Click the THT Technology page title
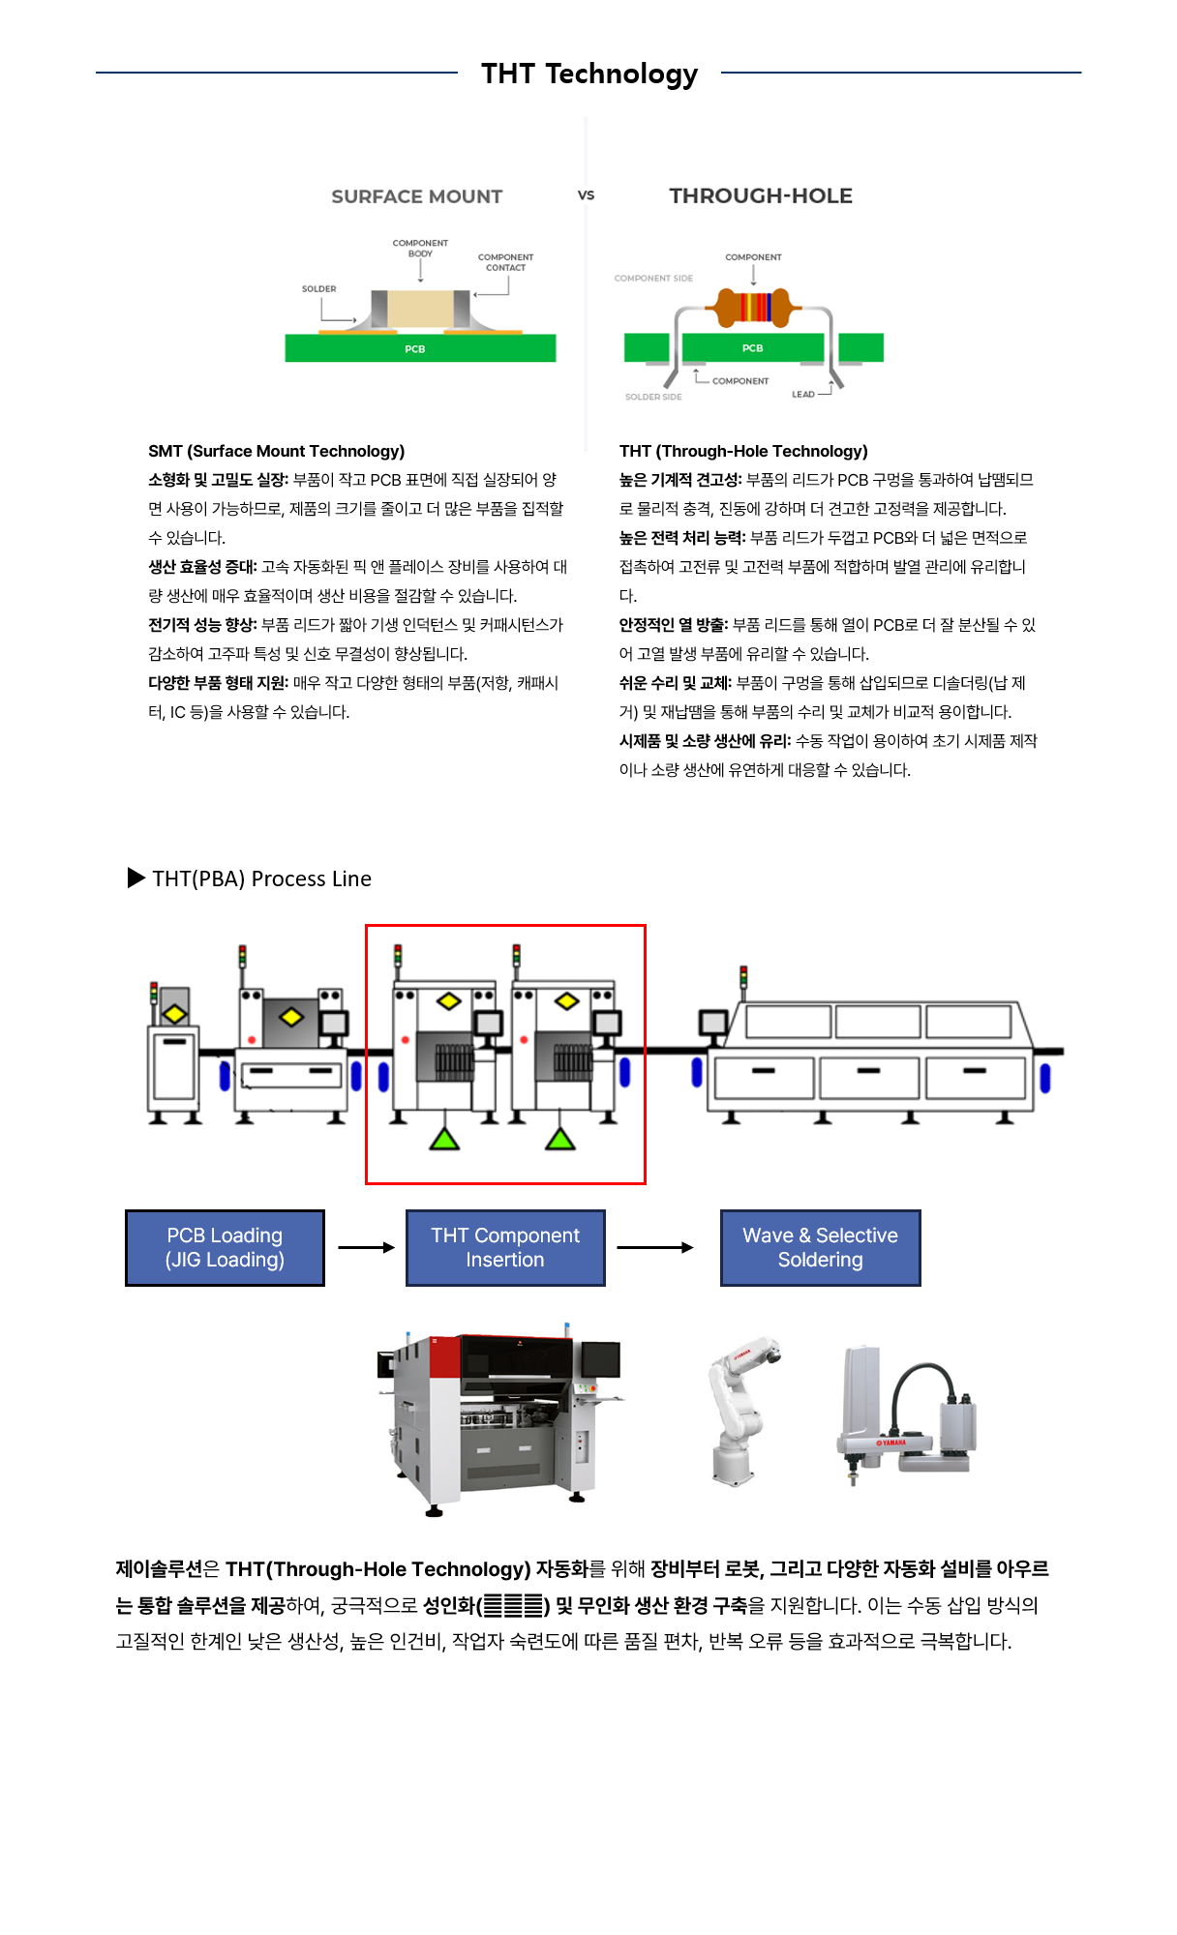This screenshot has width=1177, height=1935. (588, 74)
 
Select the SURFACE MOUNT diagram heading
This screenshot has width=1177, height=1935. (416, 196)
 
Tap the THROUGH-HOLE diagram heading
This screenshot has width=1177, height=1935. (761, 195)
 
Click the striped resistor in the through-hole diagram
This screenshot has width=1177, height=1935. (754, 307)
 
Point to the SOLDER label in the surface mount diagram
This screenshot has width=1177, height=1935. (318, 288)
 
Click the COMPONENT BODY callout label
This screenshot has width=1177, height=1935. (420, 248)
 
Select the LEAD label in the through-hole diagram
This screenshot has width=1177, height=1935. (802, 394)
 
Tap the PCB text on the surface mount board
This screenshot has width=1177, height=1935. (414, 349)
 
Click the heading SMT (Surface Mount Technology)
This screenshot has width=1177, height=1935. (276, 451)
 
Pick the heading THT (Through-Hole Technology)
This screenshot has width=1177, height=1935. (743, 451)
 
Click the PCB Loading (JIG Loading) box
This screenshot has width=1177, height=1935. (225, 1247)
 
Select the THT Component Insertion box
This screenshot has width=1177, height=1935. (505, 1247)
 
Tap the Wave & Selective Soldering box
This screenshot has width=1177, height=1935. (820, 1247)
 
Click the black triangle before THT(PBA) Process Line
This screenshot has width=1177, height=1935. (136, 878)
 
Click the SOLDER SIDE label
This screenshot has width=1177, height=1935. (653, 397)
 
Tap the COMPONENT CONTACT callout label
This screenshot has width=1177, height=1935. (505, 262)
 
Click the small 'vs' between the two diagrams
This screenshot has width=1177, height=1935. (586, 194)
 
